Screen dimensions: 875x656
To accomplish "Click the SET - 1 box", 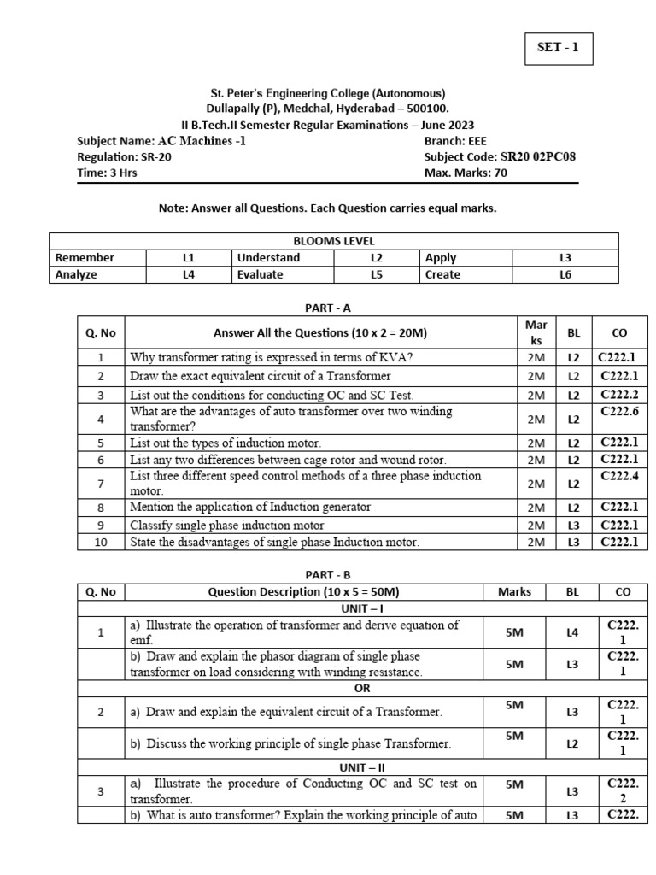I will click(558, 48).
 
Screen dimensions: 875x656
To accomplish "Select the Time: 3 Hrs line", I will click(107, 173).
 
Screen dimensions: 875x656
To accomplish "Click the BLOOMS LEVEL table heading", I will click(334, 241).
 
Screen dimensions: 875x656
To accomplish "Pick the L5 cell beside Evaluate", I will click(376, 274).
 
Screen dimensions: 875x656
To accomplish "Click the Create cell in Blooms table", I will click(442, 274).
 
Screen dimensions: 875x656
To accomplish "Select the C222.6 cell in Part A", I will click(619, 412).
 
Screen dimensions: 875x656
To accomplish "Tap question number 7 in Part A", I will click(101, 484).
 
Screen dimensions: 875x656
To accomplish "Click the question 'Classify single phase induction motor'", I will click(227, 525).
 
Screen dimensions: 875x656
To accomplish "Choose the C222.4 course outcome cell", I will click(619, 476).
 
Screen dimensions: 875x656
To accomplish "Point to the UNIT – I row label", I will click(362, 608).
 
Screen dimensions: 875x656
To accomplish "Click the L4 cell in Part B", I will click(572, 632).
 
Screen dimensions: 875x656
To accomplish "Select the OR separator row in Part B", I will click(362, 688).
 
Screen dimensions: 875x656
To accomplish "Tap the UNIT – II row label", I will click(362, 767).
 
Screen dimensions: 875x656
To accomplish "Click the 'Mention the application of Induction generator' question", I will click(250, 507).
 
